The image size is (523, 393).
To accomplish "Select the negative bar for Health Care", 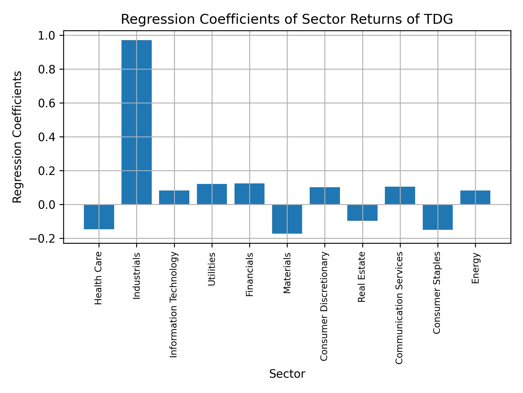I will [x=99, y=217].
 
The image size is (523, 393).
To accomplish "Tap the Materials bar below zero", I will [x=287, y=219].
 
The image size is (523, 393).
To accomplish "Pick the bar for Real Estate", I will [x=362, y=213].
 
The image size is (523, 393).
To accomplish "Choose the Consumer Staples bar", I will [x=437, y=217].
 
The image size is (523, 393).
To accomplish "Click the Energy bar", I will [x=475, y=198].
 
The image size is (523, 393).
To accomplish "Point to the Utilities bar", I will [x=212, y=194].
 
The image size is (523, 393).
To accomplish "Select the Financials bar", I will [x=250, y=194].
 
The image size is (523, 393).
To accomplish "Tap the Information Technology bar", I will [x=174, y=198].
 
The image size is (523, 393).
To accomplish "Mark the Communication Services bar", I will [x=400, y=195].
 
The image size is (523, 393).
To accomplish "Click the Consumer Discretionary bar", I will [x=325, y=196].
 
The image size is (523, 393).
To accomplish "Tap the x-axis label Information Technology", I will [x=174, y=305].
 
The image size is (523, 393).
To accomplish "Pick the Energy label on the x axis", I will [x=475, y=268].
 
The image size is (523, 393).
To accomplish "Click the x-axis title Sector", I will [x=287, y=374].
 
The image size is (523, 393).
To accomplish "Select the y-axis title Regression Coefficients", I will [x=17, y=137].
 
